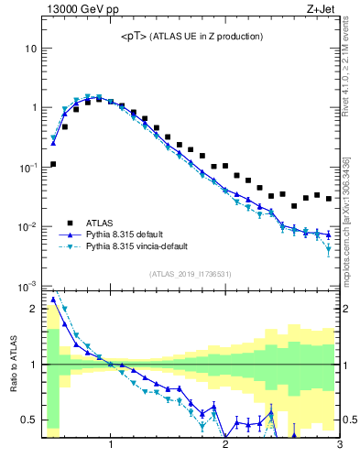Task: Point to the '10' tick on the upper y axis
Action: point(30,48)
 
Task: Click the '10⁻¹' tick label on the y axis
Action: point(28,168)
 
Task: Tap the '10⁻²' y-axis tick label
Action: point(28,227)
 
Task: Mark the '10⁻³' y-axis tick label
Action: point(28,287)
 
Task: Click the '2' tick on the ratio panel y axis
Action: point(33,309)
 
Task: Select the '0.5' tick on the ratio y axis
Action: point(28,420)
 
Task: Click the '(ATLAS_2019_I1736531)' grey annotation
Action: point(191,274)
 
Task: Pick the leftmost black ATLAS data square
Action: point(53,164)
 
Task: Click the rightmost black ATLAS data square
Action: point(328,198)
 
